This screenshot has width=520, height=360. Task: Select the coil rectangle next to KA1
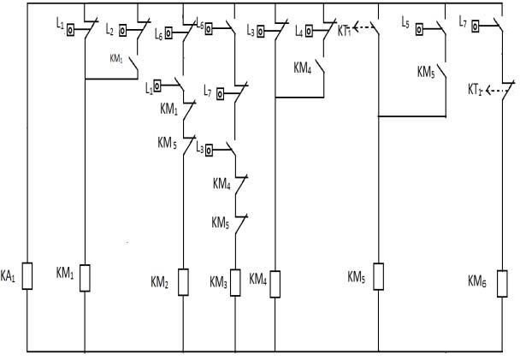coord(27,276)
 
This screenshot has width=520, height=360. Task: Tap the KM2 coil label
coord(160,281)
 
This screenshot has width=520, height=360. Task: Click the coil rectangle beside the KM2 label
coord(183,282)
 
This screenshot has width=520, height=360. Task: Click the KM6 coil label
coord(478,280)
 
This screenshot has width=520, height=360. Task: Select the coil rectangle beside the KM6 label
coord(502,281)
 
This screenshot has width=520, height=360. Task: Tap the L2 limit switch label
coord(109,30)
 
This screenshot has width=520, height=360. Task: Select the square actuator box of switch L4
coord(312,32)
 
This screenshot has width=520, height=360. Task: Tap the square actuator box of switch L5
coord(420,28)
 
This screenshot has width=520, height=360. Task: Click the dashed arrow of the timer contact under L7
coord(498,88)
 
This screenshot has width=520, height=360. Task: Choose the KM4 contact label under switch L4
coord(302,65)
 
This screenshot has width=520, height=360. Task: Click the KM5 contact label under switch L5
coord(426,72)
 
